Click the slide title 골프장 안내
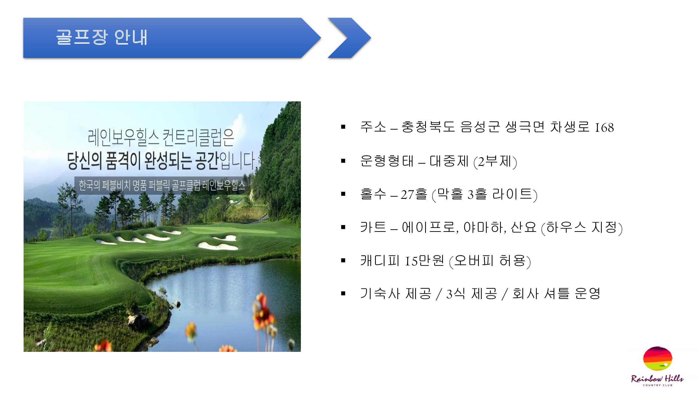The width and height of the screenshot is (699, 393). pyautogui.click(x=101, y=37)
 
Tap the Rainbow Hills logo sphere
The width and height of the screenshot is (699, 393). pyautogui.click(x=658, y=358)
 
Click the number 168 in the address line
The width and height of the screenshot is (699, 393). pyautogui.click(x=604, y=128)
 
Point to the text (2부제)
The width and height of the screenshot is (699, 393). pyautogui.click(x=495, y=162)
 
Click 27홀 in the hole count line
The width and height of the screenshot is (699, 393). pyautogui.click(x=414, y=194)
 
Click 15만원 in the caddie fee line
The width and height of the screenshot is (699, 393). pyautogui.click(x=424, y=261)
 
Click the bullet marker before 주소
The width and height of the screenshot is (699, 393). pyautogui.click(x=343, y=127)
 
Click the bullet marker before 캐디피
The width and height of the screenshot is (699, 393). pyautogui.click(x=343, y=261)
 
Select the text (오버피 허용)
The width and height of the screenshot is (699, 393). pyautogui.click(x=490, y=261)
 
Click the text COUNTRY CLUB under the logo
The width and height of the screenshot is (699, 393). pyautogui.click(x=658, y=385)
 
